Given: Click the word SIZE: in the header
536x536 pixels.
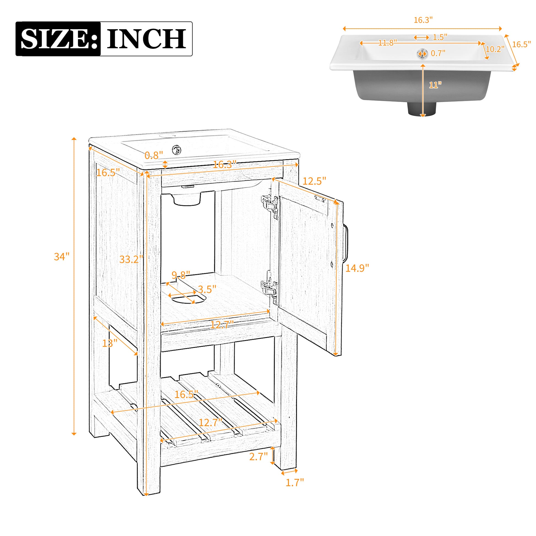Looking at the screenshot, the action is click(59, 39).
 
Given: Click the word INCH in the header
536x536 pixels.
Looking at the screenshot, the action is click(146, 39).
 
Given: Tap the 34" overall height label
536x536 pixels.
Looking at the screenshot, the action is click(61, 257).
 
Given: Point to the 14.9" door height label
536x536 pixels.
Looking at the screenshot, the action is click(357, 268).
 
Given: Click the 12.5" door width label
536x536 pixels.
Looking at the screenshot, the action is click(314, 181).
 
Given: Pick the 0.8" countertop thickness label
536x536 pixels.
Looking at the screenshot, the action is click(154, 155).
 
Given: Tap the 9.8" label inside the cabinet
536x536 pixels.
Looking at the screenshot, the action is click(181, 275).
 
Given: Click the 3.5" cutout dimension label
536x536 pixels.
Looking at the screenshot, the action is click(207, 289).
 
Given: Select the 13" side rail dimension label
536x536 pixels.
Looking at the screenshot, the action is click(110, 343).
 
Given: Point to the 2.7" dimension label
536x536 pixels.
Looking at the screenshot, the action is click(258, 456).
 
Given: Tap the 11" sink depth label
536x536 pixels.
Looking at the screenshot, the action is click(435, 85).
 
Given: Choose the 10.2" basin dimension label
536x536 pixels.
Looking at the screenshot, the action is click(495, 49).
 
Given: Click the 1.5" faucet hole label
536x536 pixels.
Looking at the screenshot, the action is click(440, 37).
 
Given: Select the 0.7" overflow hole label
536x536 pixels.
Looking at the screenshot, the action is click(438, 53).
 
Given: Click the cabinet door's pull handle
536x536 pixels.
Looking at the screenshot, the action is click(346, 243).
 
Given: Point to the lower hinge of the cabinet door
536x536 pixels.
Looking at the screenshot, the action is click(270, 289).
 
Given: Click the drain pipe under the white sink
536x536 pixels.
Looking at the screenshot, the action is click(422, 109).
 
